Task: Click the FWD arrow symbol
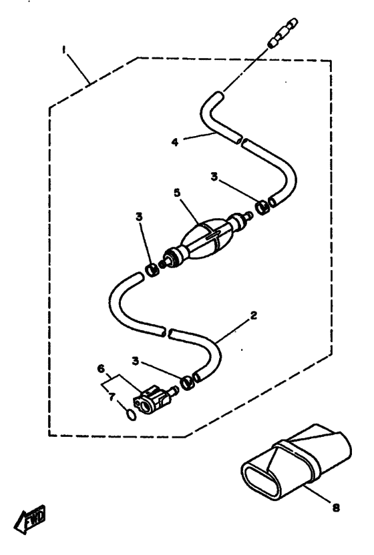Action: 30,519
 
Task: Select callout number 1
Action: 64,50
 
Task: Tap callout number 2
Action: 253,315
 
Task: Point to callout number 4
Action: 175,142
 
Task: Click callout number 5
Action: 177,193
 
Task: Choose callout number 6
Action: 102,368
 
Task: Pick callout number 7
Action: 112,397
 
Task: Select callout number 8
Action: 336,508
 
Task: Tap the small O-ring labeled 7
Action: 131,415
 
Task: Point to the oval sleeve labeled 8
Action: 297,463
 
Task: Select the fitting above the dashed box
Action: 283,32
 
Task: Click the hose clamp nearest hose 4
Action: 263,207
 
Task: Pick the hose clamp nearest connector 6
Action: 188,383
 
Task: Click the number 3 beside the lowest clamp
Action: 135,361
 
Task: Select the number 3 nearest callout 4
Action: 214,176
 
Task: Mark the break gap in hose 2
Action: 168,332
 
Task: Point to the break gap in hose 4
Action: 243,141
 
